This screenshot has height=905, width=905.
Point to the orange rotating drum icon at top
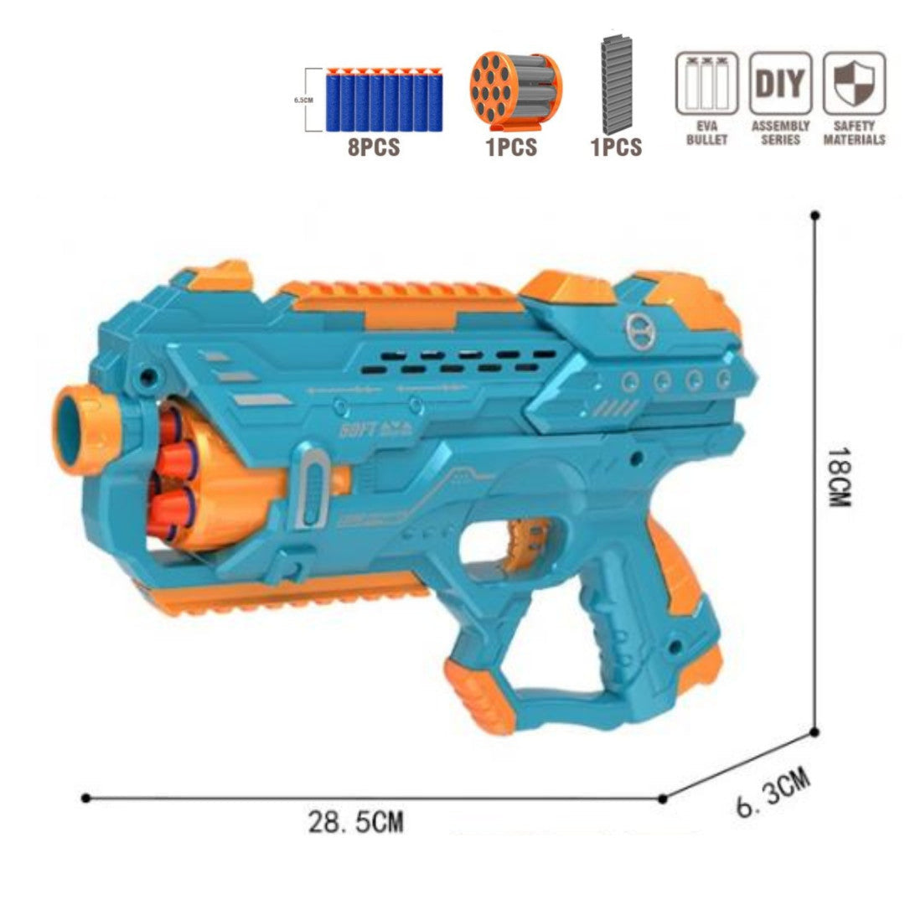pos(515,92)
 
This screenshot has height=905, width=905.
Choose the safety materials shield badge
pos(854,84)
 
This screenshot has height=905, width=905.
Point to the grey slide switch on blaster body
pos(313,489)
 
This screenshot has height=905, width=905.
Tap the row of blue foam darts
pos(385,99)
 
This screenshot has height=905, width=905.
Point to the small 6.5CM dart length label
pos(303,99)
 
